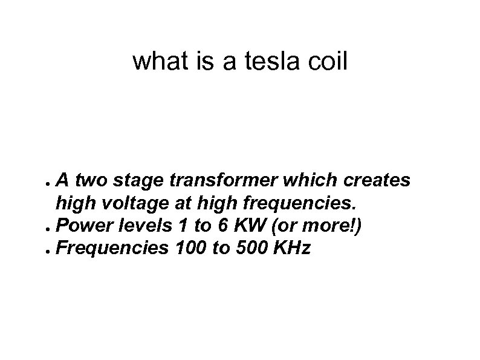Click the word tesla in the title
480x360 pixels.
click(x=271, y=61)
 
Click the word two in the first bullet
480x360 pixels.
click(x=93, y=180)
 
